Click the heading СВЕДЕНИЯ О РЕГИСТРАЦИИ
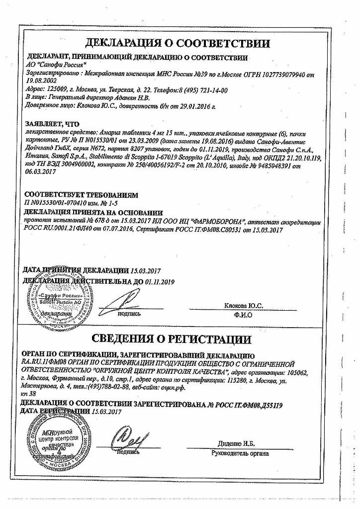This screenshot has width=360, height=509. pos(180,340)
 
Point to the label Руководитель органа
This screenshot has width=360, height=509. pos(240,453)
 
